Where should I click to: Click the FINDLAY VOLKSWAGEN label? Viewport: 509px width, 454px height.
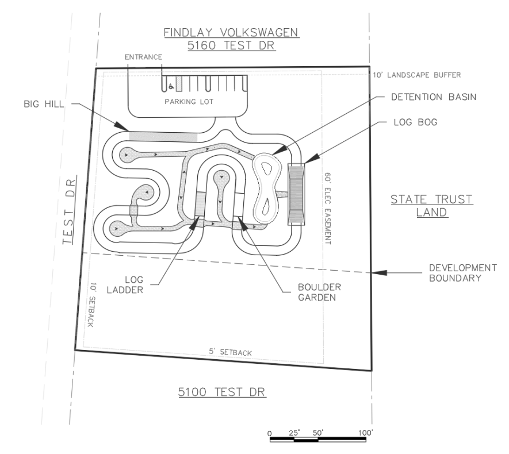tap(231, 33)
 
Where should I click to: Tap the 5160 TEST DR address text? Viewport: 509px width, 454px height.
tap(231, 47)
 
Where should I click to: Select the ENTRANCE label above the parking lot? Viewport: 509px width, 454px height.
tap(144, 57)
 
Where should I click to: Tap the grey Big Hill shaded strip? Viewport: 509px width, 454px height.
tap(163, 137)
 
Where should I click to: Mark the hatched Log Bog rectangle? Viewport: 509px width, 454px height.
tap(297, 193)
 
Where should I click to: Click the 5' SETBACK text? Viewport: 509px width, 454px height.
tap(230, 352)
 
